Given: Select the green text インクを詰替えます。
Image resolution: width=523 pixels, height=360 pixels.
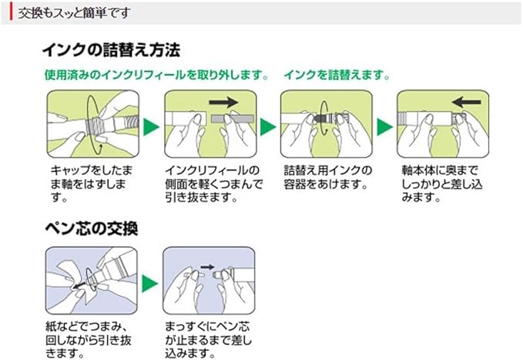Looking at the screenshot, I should coord(337,76).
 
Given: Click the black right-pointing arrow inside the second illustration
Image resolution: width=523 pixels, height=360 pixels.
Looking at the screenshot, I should coord(223,101).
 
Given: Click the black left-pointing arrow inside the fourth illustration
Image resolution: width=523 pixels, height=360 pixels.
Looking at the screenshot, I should coord(467,102).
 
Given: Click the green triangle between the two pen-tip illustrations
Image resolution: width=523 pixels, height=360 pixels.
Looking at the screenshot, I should coord(151,283).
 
